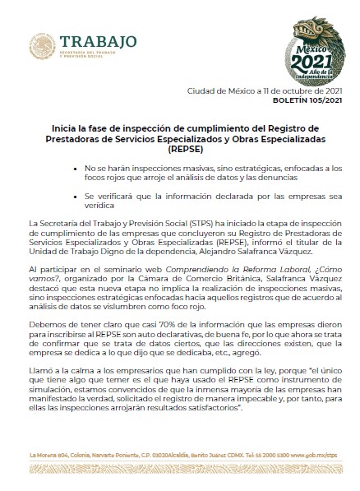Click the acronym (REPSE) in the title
coord(178,150)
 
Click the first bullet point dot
coord(77,167)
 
